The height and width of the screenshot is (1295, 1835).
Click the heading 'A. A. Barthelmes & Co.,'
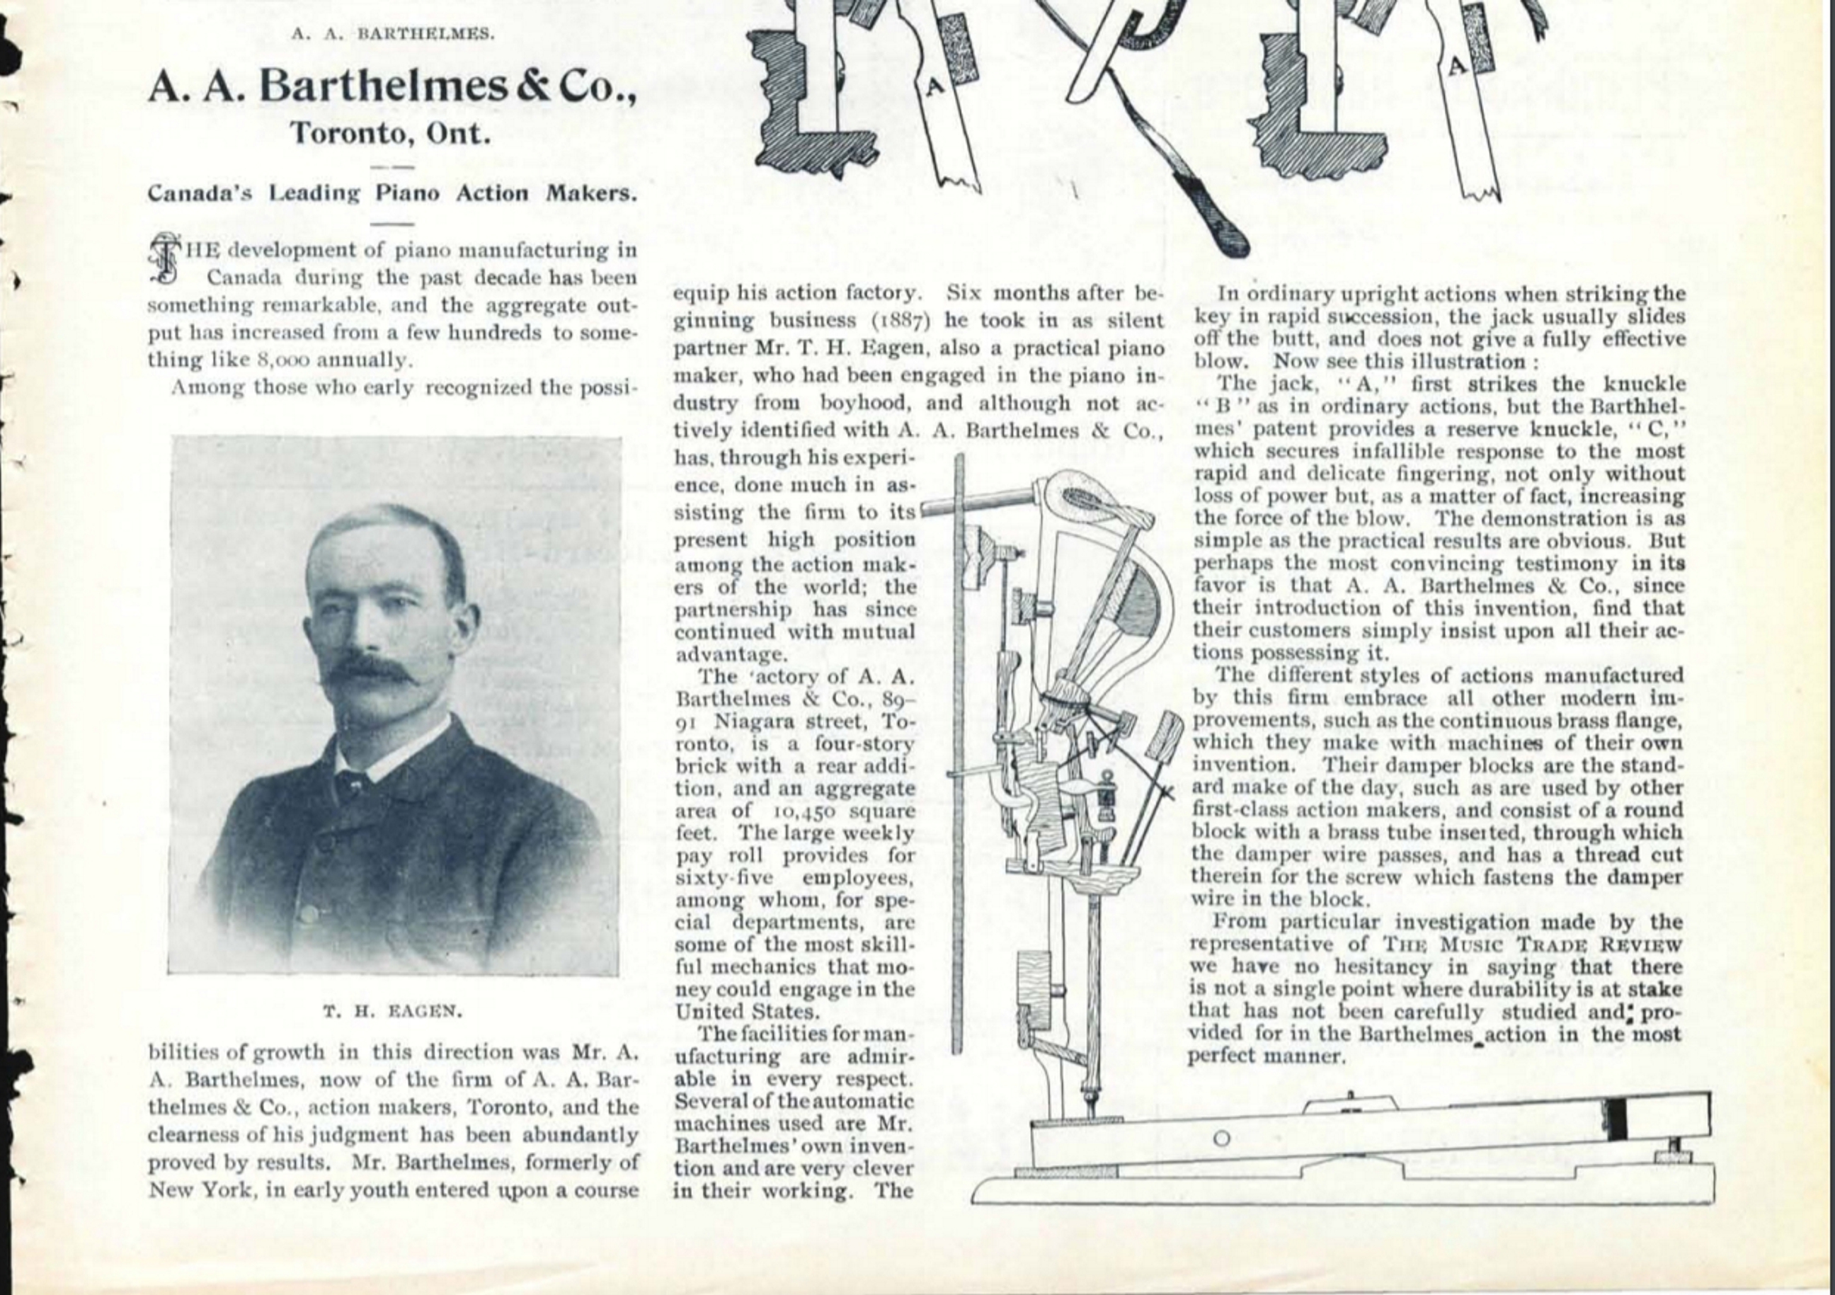pos(392,87)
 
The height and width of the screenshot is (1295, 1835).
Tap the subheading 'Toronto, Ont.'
pos(390,132)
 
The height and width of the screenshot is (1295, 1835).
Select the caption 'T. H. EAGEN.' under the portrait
pos(392,1011)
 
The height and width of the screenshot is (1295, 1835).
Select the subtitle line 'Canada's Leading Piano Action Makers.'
pos(392,193)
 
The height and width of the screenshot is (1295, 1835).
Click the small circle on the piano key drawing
pos(1221,1139)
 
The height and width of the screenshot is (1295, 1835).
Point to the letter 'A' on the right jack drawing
pos(1456,68)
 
